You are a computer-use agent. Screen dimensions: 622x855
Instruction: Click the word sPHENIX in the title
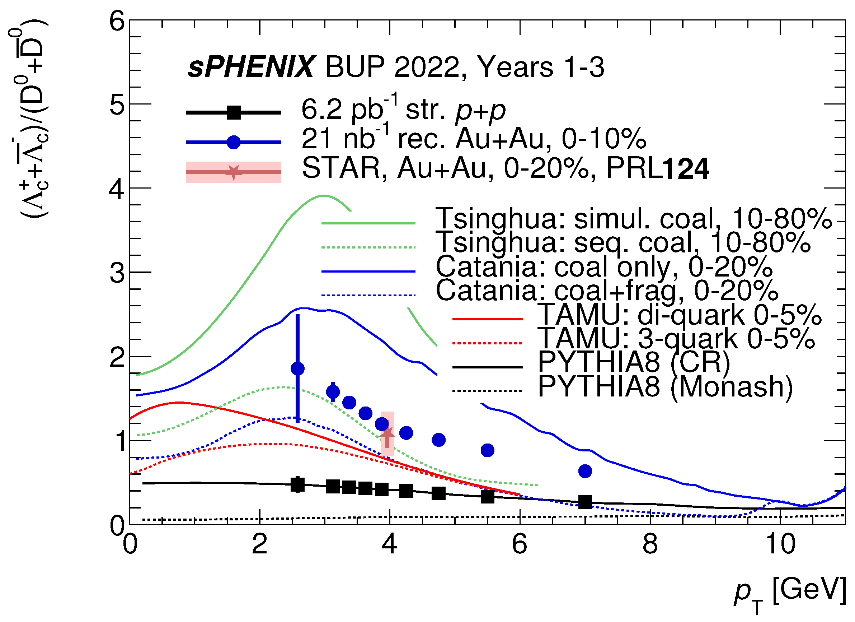[251, 67]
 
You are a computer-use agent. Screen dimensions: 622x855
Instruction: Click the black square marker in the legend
[234, 112]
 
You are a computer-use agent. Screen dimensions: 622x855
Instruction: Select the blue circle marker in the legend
[234, 142]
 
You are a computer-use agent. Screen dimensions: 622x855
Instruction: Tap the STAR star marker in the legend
[234, 172]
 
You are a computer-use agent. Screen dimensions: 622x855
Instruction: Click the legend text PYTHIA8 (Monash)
[665, 386]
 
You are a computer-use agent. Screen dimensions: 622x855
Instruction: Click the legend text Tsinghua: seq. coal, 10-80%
[624, 242]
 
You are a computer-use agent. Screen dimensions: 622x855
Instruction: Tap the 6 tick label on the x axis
[520, 545]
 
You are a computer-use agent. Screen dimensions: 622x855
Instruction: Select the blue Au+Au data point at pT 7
[585, 471]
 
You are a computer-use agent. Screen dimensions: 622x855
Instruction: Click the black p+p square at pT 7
[585, 502]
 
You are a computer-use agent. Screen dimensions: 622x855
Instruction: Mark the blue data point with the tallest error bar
[298, 369]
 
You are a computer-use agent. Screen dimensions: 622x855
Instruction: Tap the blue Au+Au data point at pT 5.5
[488, 450]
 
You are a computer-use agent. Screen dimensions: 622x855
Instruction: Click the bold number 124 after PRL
[685, 169]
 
